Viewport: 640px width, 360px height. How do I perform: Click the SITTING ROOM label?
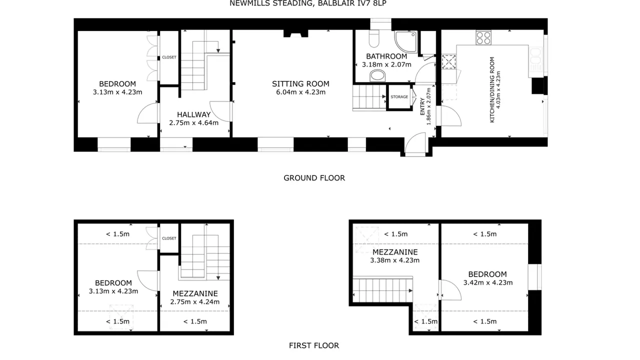pyautogui.click(x=300, y=83)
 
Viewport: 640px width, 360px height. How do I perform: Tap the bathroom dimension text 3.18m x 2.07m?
pyautogui.click(x=386, y=64)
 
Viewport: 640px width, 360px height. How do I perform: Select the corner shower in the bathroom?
pyautogui.click(x=406, y=41)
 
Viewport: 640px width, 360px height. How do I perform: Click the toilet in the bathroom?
pyautogui.click(x=374, y=38)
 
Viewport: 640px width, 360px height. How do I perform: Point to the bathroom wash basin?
pyautogui.click(x=377, y=76)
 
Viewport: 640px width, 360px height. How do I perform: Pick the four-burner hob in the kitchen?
pyautogui.click(x=483, y=38)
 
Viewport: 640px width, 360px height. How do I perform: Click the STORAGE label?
pyautogui.click(x=399, y=97)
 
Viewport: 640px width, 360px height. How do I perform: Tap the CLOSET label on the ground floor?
pyautogui.click(x=169, y=57)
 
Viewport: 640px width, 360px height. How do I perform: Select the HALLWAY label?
pyautogui.click(x=193, y=114)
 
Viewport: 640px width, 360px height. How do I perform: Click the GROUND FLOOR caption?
pyautogui.click(x=314, y=178)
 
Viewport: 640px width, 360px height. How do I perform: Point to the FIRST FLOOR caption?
pyautogui.click(x=314, y=345)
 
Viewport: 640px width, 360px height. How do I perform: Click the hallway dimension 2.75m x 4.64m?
pyautogui.click(x=193, y=123)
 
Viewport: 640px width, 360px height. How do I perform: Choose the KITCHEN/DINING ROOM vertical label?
pyautogui.click(x=492, y=89)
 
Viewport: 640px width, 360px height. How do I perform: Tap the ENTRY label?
pyautogui.click(x=422, y=106)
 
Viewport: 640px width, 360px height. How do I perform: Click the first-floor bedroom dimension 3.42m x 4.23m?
pyautogui.click(x=488, y=282)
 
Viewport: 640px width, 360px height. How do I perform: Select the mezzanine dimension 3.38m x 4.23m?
pyautogui.click(x=395, y=260)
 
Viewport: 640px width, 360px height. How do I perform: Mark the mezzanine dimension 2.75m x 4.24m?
pyautogui.click(x=195, y=301)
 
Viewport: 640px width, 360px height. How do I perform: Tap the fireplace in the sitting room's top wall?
pyautogui.click(x=295, y=33)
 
